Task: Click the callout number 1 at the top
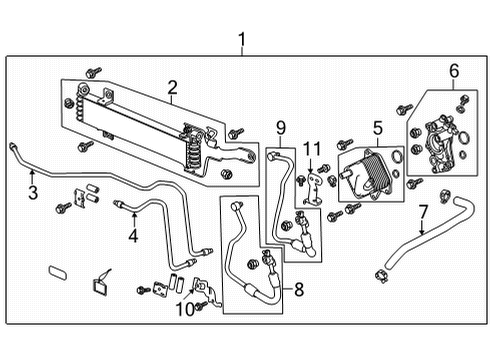coord(241,40)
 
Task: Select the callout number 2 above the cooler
coord(171,88)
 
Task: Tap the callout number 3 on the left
coord(33,192)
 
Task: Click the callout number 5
coord(378,127)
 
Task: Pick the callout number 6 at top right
coord(454,70)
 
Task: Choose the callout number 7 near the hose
coord(423,212)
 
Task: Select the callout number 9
coord(281,127)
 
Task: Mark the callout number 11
coord(310,148)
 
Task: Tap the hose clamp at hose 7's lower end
coord(382,274)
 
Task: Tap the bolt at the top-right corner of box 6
coord(463,101)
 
